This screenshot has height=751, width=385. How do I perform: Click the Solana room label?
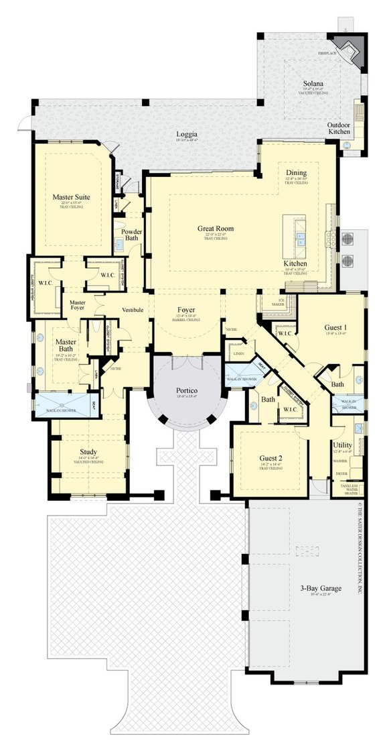coord(313,82)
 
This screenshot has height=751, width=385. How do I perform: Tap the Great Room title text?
coord(215,228)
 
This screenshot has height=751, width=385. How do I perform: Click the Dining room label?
coord(296,172)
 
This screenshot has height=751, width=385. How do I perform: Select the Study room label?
coord(88,451)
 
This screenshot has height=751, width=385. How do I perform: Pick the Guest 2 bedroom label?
coord(271,459)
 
